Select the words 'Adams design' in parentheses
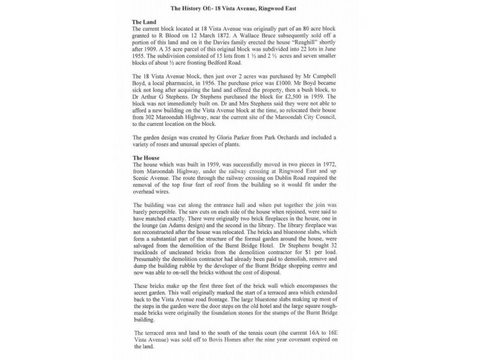coord(182,225)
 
